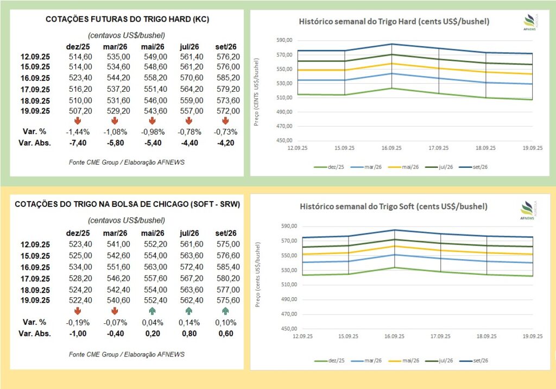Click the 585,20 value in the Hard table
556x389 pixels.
228,78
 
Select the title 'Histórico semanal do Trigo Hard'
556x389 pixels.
395,22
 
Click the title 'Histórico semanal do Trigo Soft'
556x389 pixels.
394,206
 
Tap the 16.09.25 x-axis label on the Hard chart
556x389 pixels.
391,147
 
